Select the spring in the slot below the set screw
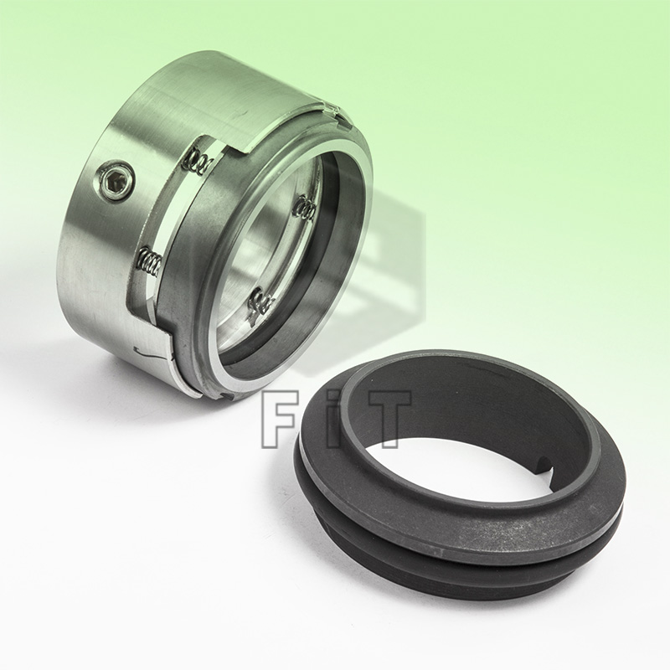pos(149,265)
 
